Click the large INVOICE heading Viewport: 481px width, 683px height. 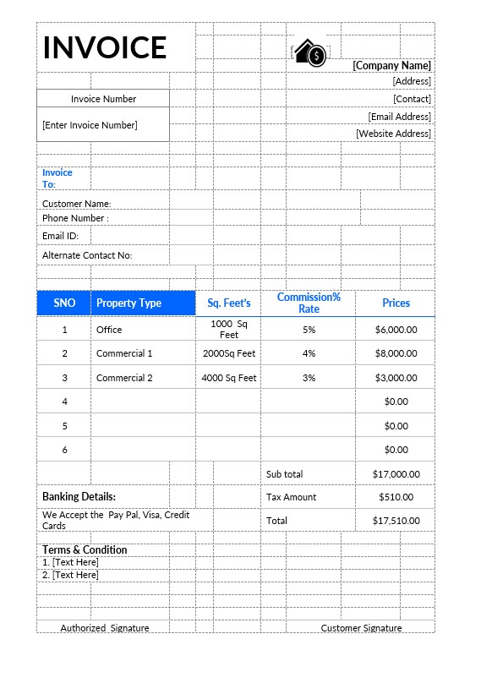coord(105,47)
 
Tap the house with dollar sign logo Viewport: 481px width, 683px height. coord(309,53)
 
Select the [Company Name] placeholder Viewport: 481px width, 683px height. coord(391,65)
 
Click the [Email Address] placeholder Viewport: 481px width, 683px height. coord(399,117)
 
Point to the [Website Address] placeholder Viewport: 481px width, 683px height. coord(393,134)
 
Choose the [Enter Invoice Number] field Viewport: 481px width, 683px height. coord(90,125)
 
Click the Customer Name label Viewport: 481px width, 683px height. coord(77,204)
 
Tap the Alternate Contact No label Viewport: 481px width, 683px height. coord(87,255)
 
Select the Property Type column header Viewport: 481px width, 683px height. coord(128,303)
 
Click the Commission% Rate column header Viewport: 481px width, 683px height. coord(309,303)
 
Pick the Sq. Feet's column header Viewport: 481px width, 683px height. coord(229,303)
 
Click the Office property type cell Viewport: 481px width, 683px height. coord(109,330)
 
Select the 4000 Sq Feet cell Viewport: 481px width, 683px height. coord(229,378)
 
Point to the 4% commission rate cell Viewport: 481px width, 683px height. coord(309,353)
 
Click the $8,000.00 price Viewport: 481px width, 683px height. coord(396,353)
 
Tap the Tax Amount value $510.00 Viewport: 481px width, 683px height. coord(396,497)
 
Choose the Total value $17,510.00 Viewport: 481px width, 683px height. coord(396,521)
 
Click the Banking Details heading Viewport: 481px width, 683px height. coord(79,496)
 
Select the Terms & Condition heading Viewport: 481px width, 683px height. coord(85,549)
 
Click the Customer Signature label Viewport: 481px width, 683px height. coord(361,628)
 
